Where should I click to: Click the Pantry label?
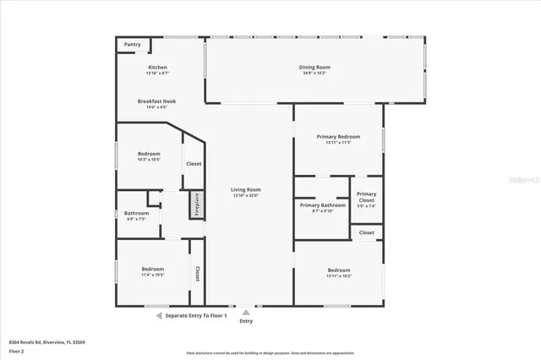click(x=133, y=44)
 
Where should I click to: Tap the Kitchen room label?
click(x=158, y=68)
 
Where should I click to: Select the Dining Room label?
click(x=314, y=68)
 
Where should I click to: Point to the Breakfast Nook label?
click(x=158, y=101)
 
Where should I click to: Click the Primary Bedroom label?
click(x=338, y=137)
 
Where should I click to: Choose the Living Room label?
click(x=245, y=190)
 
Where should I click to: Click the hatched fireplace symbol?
click(x=194, y=205)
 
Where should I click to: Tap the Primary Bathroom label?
click(x=322, y=205)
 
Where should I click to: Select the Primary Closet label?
click(x=366, y=196)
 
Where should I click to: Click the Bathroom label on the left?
click(x=137, y=214)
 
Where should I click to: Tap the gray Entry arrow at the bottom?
click(x=246, y=312)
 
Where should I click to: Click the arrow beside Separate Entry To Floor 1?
click(x=158, y=315)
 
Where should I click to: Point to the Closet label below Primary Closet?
click(x=366, y=232)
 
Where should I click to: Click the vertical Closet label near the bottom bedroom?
click(x=197, y=273)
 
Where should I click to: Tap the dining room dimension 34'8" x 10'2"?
click(x=314, y=74)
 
